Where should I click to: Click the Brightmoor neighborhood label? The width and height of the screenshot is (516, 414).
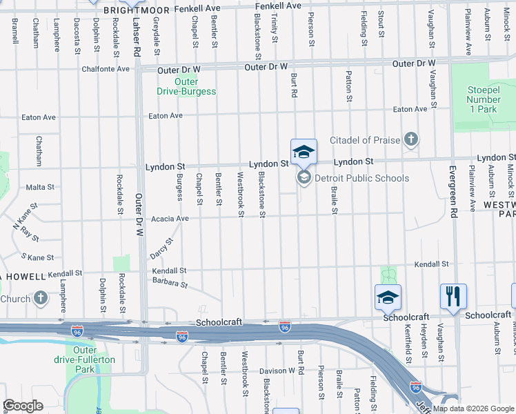point(135,10)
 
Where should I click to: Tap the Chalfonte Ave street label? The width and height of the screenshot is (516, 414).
point(106,69)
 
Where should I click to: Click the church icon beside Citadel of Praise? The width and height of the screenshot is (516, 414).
point(411,140)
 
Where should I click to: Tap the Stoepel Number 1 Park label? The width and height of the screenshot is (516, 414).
point(482,99)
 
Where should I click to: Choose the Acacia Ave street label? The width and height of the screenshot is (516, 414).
point(170,219)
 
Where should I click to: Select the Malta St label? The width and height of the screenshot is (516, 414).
point(39,187)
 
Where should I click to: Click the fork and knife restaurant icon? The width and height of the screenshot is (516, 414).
point(453,297)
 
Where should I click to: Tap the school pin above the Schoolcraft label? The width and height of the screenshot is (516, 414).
point(388,297)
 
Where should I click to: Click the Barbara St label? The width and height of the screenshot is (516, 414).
point(170,283)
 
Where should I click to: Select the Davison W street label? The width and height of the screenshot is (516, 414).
point(277,371)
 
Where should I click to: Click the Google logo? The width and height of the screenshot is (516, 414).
point(22,406)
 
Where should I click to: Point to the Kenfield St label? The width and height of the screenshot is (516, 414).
point(408,345)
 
